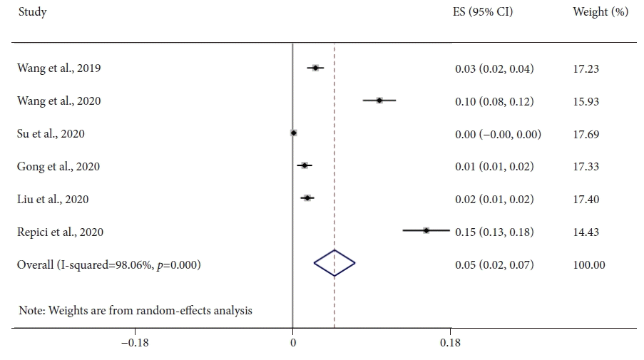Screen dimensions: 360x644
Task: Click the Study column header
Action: click(32, 12)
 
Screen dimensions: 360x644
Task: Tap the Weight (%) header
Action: click(600, 12)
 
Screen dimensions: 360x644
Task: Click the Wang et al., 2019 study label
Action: click(59, 68)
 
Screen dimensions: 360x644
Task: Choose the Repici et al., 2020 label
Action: click(60, 232)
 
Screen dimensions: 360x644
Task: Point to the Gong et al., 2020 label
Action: click(58, 167)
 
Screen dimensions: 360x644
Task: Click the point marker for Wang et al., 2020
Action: click(379, 101)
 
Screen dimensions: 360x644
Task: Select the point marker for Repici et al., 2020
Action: click(426, 230)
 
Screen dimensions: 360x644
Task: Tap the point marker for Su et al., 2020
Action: click(293, 133)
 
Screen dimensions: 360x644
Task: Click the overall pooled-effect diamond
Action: click(334, 264)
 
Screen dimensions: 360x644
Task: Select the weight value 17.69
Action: click(586, 134)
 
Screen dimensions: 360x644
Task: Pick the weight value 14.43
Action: click(586, 232)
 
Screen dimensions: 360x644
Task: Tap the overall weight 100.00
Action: click(588, 264)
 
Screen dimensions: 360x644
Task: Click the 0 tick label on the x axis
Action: click(293, 343)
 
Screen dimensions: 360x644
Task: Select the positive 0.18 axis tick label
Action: click(450, 343)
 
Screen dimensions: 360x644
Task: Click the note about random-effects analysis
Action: click(135, 310)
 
